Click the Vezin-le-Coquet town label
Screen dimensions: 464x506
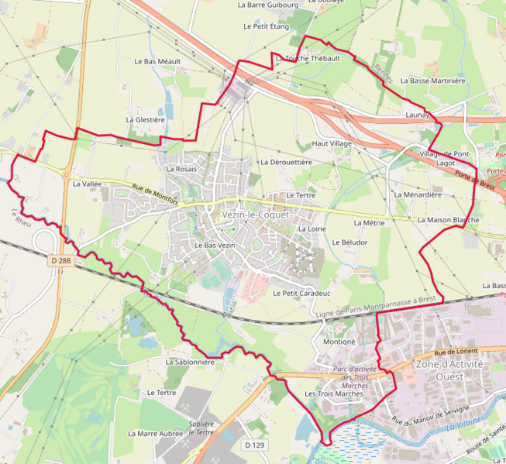tap(255, 214)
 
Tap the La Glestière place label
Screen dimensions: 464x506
tap(146, 120)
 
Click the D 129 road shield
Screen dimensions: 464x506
tap(254, 445)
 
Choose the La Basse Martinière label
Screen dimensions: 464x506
tap(438, 81)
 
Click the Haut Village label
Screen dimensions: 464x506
tap(332, 144)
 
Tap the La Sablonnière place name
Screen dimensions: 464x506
tap(190, 361)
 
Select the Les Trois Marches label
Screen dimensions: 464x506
tap(334, 394)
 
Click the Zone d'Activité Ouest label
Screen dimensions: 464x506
tap(449, 369)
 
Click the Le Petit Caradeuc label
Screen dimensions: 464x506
tap(301, 294)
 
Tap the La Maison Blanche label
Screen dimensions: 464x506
tap(448, 220)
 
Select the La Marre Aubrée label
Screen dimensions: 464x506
tap(156, 434)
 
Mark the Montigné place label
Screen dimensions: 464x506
tap(339, 341)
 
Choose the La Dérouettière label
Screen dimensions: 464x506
tap(286, 162)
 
